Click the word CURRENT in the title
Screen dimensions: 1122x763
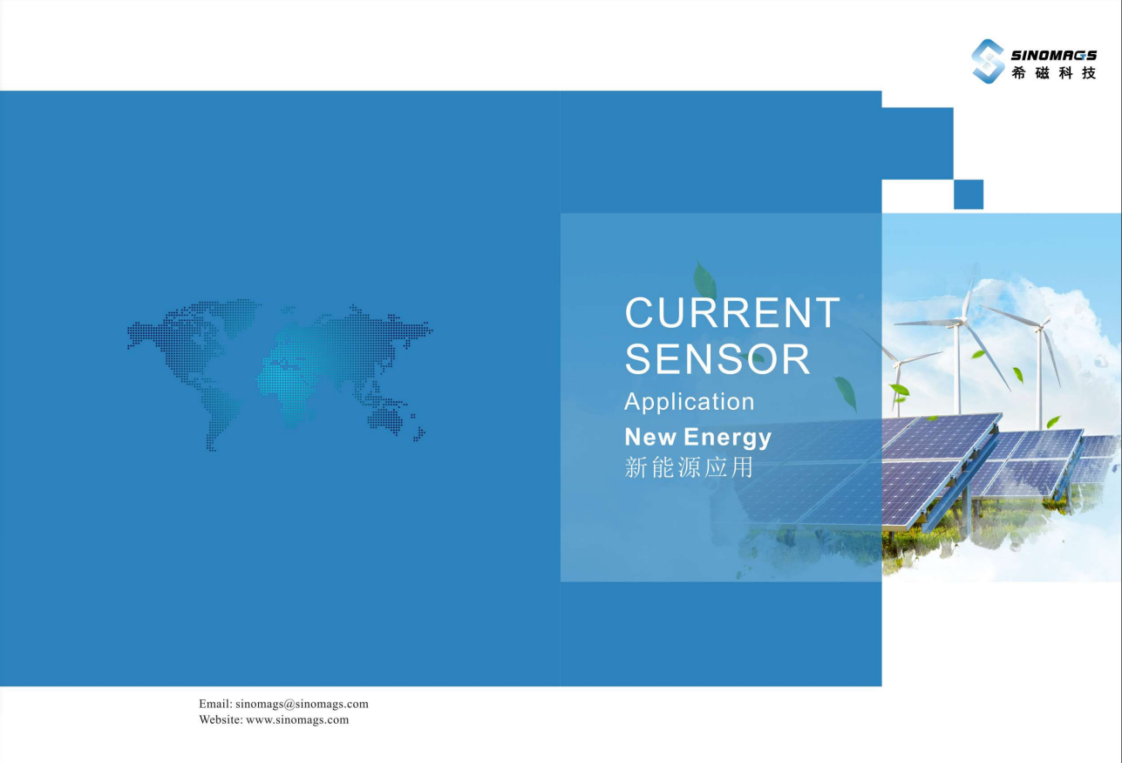732,313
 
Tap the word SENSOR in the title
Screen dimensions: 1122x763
717,358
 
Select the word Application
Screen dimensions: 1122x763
690,402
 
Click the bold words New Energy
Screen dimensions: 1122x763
697,438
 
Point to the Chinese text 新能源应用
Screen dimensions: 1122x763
689,467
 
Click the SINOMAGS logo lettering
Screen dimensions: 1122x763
1053,55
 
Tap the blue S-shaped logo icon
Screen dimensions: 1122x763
988,61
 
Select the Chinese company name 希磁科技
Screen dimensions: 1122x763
1054,73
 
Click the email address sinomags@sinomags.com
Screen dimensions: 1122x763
302,704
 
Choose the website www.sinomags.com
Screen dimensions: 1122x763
297,720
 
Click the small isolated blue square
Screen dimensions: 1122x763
969,194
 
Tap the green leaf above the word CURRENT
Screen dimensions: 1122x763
705,281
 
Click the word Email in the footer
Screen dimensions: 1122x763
214,704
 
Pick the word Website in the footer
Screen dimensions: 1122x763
221,720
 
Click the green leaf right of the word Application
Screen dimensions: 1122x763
846,393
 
